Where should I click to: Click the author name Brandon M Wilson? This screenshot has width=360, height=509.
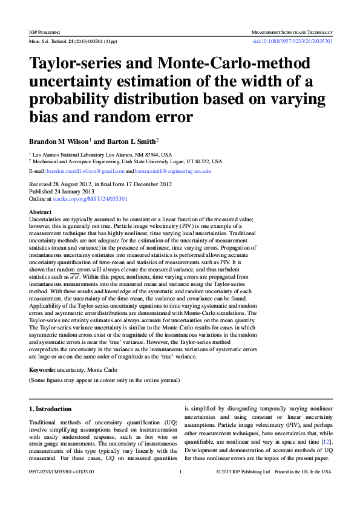click(59, 141)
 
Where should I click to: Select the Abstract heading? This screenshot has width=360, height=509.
click(41, 212)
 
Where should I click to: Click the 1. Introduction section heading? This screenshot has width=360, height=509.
click(51, 409)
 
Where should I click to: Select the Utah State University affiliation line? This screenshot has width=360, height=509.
click(127, 162)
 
